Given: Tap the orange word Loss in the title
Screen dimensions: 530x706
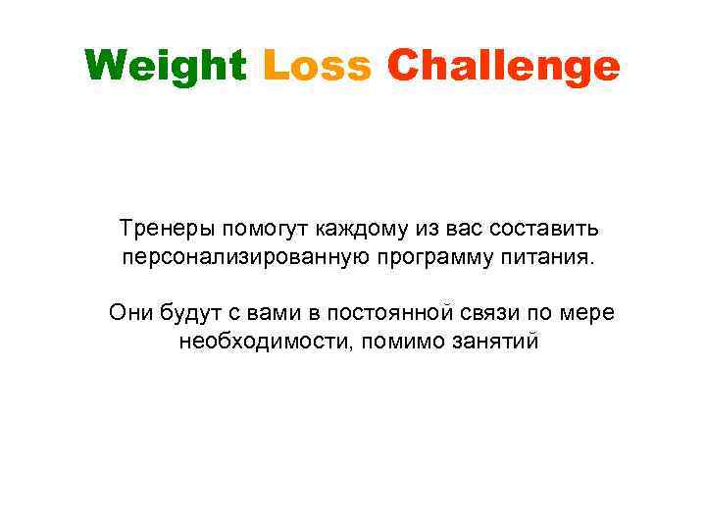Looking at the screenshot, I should (x=317, y=67).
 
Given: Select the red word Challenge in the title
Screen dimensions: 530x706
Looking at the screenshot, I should (x=504, y=67).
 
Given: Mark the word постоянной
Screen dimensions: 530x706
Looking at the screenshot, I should (x=392, y=314).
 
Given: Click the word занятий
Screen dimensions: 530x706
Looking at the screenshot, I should (x=495, y=343).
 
